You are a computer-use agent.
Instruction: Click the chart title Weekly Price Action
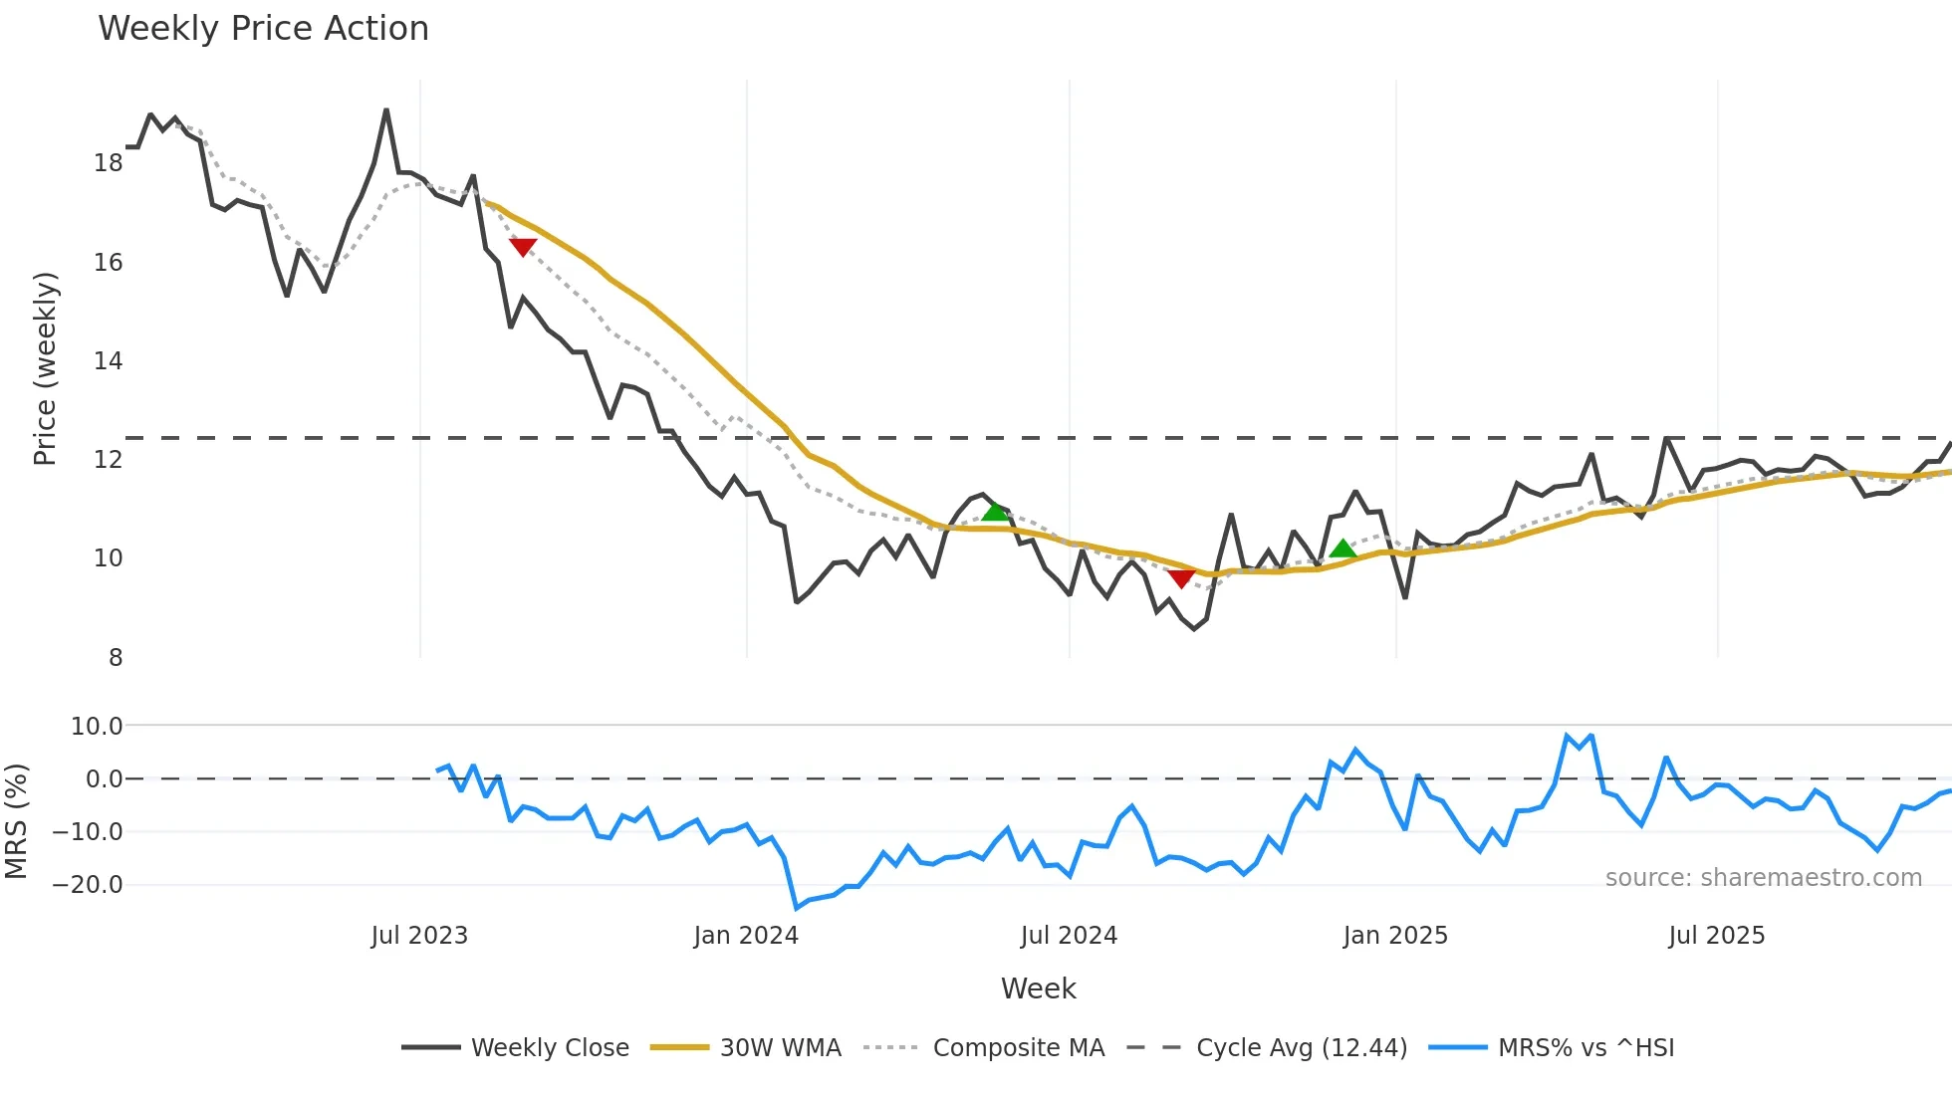coord(263,29)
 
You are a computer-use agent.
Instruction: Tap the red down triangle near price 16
coord(523,247)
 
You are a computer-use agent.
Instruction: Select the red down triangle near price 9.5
coord(1181,578)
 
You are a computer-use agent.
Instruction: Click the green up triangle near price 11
coord(995,512)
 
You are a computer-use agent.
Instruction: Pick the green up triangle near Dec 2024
coord(1342,548)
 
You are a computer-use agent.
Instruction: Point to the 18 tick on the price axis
coord(109,163)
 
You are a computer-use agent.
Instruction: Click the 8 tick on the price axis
coord(116,658)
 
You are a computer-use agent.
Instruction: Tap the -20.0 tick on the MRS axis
coord(88,884)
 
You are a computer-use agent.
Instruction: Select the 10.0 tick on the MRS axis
coord(97,727)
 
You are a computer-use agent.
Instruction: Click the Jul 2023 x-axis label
coord(419,936)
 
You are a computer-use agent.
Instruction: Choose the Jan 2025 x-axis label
coord(1394,936)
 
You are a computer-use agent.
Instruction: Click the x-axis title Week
coord(1038,988)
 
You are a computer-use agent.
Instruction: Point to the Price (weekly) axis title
coord(46,368)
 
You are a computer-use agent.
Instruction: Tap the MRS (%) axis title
coord(16,821)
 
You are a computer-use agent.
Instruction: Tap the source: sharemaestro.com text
coord(1763,878)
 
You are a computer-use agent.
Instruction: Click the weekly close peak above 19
coord(386,110)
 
